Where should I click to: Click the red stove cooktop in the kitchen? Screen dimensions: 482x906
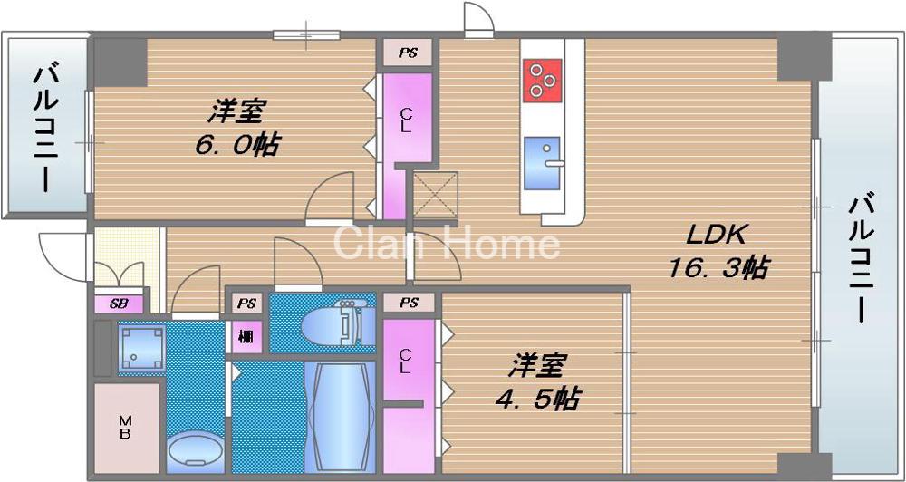(542, 78)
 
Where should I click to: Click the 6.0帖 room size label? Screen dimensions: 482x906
(235, 144)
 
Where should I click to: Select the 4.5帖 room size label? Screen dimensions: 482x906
(537, 397)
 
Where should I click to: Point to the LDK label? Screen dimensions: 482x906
(715, 236)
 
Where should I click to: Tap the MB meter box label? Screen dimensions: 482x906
(125, 427)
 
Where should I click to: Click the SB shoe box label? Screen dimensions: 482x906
(119, 304)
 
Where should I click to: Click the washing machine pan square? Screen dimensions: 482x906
(141, 348)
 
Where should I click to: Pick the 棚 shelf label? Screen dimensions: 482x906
(246, 336)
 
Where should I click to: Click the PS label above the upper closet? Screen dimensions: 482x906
(407, 53)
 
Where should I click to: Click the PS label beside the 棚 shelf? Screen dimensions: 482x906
(246, 303)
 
